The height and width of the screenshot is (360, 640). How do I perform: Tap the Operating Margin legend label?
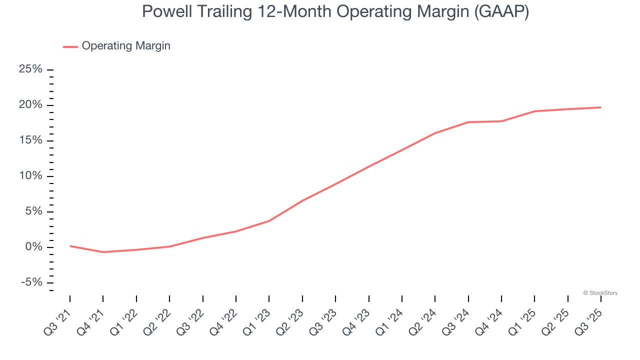click(126, 46)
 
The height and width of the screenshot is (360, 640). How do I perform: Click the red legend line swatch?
click(70, 46)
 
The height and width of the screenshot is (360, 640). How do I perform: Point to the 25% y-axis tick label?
click(30, 69)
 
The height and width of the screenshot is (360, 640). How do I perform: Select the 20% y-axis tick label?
click(30, 105)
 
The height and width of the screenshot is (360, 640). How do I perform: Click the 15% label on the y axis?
click(30, 140)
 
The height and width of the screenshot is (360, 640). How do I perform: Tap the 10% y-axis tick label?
click(30, 176)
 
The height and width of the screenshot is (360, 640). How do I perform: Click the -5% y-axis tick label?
click(31, 282)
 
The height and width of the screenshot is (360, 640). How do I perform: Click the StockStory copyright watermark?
click(600, 293)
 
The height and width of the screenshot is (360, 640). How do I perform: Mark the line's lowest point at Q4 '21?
click(103, 252)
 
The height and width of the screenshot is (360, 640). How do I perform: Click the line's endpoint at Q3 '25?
click(600, 107)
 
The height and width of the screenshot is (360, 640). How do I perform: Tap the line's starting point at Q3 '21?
click(70, 246)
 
